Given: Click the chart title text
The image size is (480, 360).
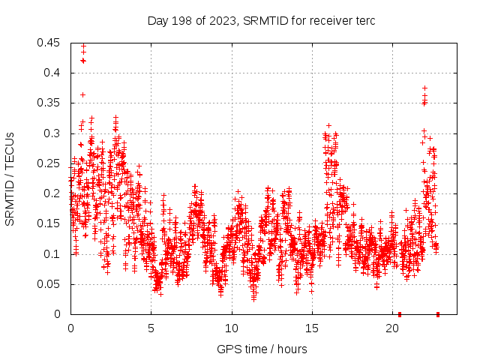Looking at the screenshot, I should (261, 20).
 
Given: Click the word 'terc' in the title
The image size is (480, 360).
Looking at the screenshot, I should (364, 20).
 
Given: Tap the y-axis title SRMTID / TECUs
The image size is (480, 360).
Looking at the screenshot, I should (10, 178).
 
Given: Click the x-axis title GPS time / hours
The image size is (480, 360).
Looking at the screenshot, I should (261, 349).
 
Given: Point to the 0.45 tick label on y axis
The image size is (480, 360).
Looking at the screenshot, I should (49, 43).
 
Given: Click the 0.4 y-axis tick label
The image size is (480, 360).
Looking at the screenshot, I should (52, 73).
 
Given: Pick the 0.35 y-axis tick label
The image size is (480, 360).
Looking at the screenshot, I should (49, 103).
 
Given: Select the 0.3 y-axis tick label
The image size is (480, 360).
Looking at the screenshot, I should (52, 133).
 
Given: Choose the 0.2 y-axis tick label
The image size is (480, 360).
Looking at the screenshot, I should (52, 193).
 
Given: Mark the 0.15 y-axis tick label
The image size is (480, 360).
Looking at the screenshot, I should (49, 224).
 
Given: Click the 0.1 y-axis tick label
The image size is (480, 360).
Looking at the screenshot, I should (52, 254).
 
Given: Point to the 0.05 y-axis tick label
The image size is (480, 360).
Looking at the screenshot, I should (49, 284).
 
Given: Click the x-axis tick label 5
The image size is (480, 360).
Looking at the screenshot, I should (151, 328).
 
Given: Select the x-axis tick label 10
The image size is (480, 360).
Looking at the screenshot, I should (232, 328).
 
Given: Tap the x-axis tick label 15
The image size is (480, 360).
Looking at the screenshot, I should (312, 328).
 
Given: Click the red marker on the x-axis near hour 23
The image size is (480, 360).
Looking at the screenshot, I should (438, 314).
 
